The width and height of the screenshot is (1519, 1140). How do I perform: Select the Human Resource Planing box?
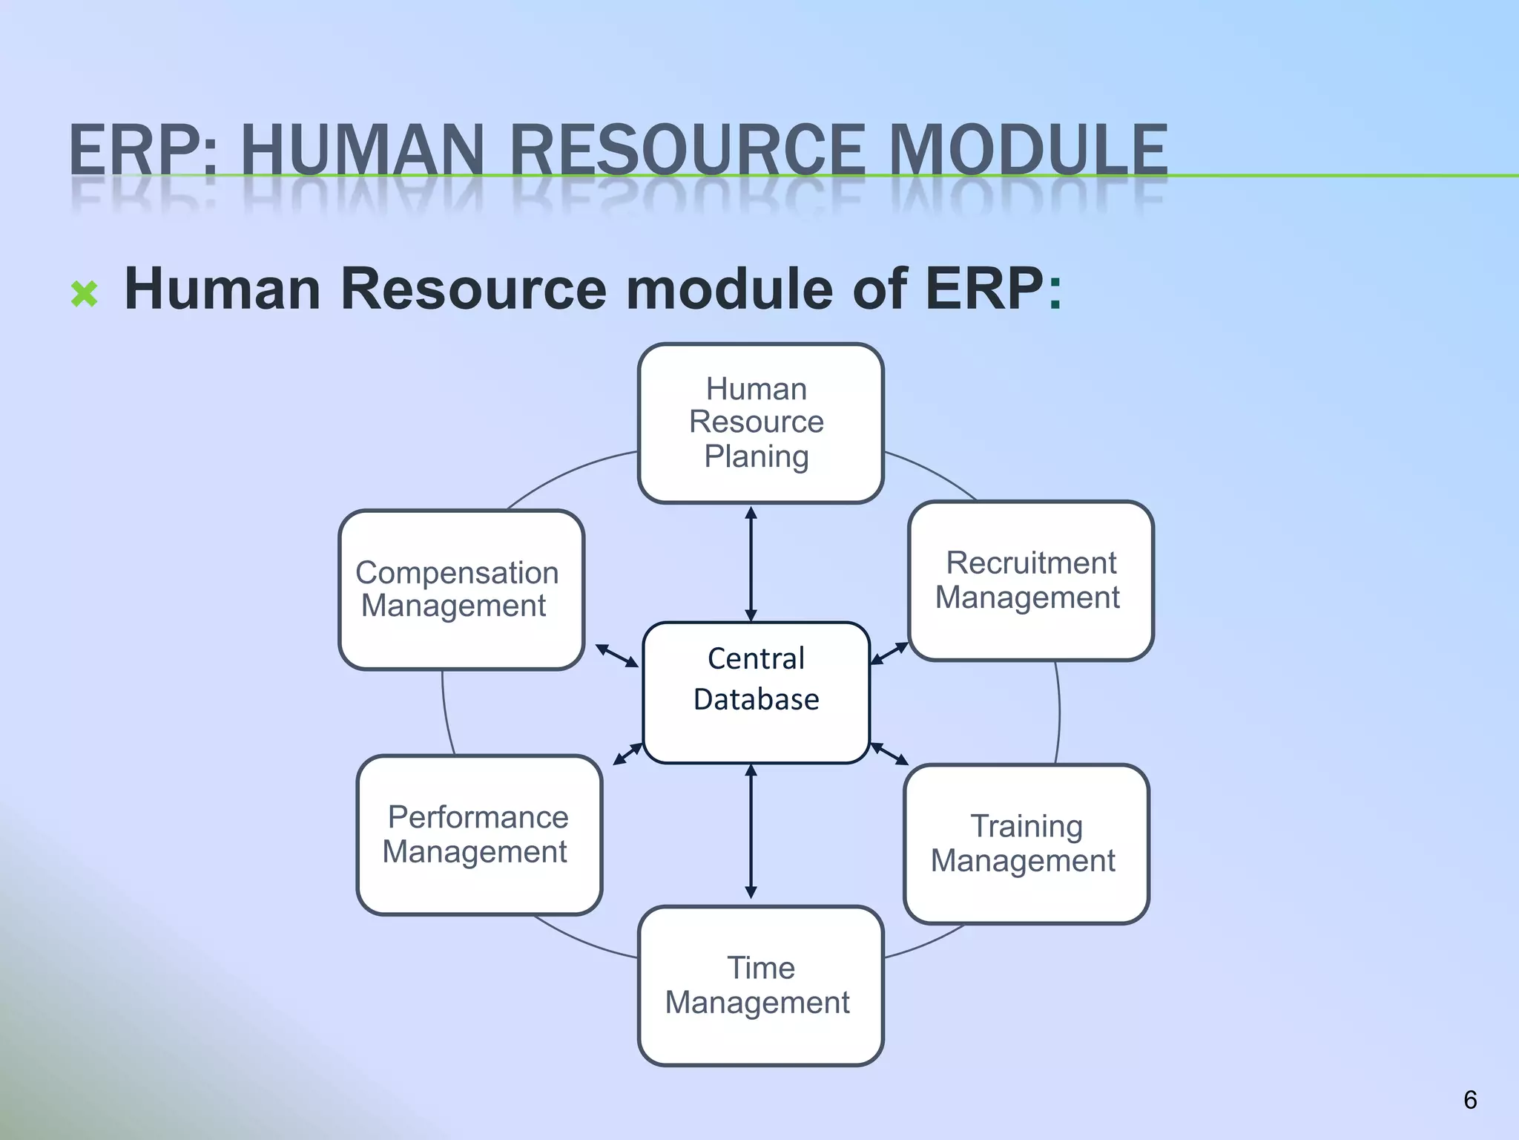760,423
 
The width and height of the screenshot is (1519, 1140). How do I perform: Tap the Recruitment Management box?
1030,580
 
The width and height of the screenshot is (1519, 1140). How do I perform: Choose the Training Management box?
1026,844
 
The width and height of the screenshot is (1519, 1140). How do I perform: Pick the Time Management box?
760,986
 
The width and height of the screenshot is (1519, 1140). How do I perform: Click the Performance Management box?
479,835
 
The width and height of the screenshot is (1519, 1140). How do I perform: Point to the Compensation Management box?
461,589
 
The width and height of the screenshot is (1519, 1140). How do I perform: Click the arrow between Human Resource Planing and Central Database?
751,564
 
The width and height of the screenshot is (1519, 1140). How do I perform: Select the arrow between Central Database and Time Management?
751,831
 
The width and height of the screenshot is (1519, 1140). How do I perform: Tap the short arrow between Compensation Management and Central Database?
617,655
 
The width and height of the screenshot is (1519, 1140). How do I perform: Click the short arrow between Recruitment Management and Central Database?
889,653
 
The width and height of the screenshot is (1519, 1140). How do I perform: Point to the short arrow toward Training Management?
889,753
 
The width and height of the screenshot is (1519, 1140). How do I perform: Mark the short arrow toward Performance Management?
627,753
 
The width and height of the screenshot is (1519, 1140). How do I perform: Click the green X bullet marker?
85,294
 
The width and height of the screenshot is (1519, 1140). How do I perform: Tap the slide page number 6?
1470,1099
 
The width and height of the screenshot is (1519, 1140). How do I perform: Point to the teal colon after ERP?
1055,291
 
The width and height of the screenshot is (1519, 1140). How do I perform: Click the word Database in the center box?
756,699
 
